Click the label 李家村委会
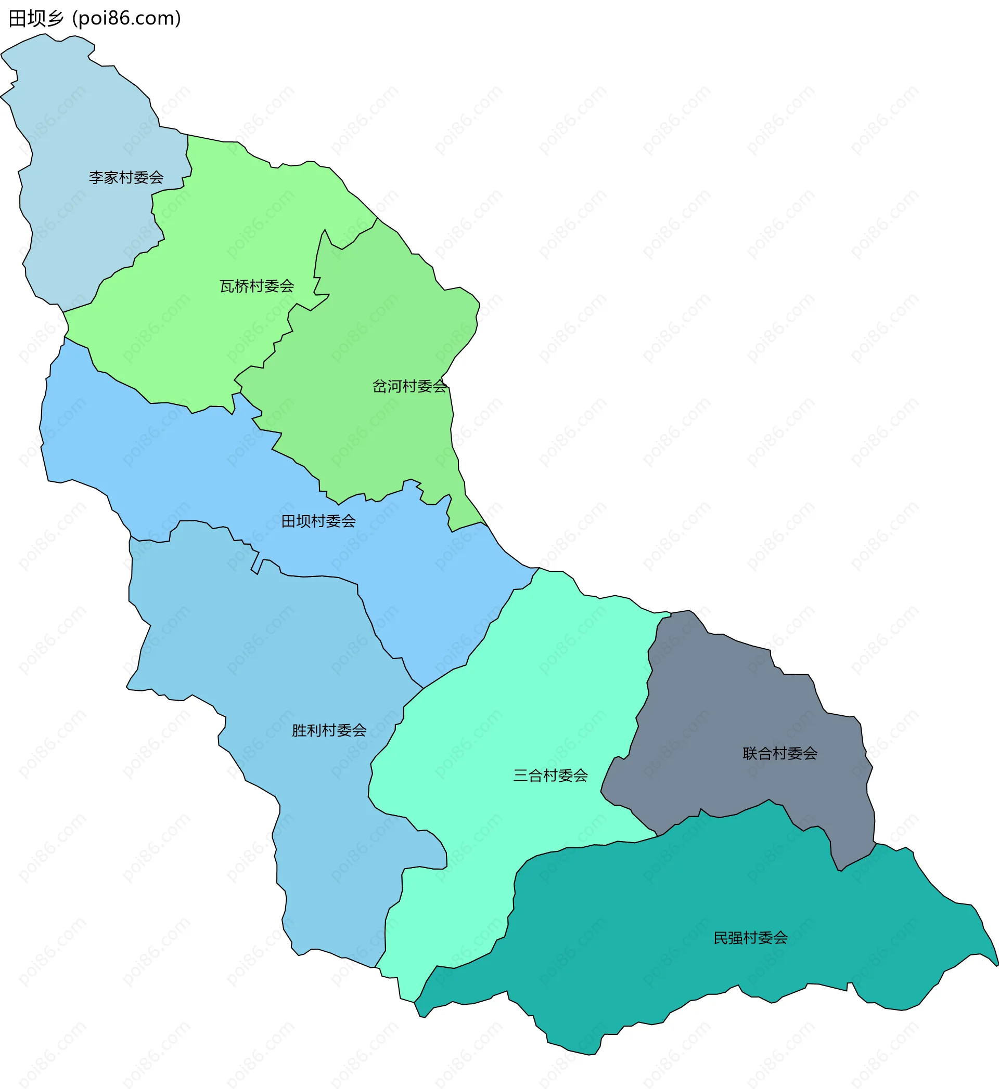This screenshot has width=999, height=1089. tap(126, 177)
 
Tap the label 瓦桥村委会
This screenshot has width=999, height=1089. tap(257, 286)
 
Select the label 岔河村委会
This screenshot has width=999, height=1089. tap(410, 386)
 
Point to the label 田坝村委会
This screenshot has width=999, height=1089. tap(318, 521)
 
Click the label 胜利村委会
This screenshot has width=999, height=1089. tap(329, 730)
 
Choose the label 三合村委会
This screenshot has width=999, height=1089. tap(550, 776)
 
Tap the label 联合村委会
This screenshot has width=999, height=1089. tap(779, 753)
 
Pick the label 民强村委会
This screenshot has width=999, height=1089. tap(750, 938)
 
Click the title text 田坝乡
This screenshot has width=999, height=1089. tap(36, 18)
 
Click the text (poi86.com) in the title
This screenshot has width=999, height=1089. tap(126, 18)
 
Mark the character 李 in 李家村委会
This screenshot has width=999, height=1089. tap(96, 177)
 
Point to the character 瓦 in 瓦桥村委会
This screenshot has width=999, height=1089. tap(227, 286)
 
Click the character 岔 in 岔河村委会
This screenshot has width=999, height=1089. tap(380, 386)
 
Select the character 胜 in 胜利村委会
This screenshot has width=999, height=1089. tap(300, 730)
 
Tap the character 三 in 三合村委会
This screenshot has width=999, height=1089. tap(521, 776)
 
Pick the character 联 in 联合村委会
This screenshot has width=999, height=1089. tap(750, 753)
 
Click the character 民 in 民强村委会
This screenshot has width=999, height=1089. tap(721, 938)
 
